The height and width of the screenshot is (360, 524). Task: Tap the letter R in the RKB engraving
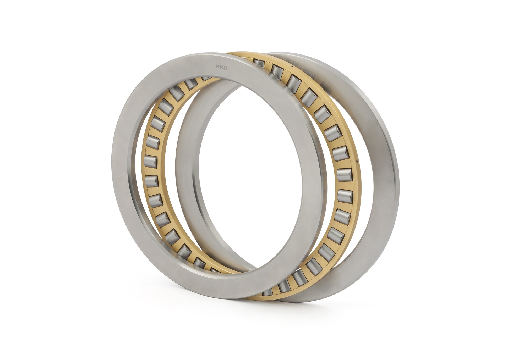(x=217, y=67)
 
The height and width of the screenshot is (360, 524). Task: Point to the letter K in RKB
(x=221, y=67)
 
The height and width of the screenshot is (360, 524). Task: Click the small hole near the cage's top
(x=291, y=66)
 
